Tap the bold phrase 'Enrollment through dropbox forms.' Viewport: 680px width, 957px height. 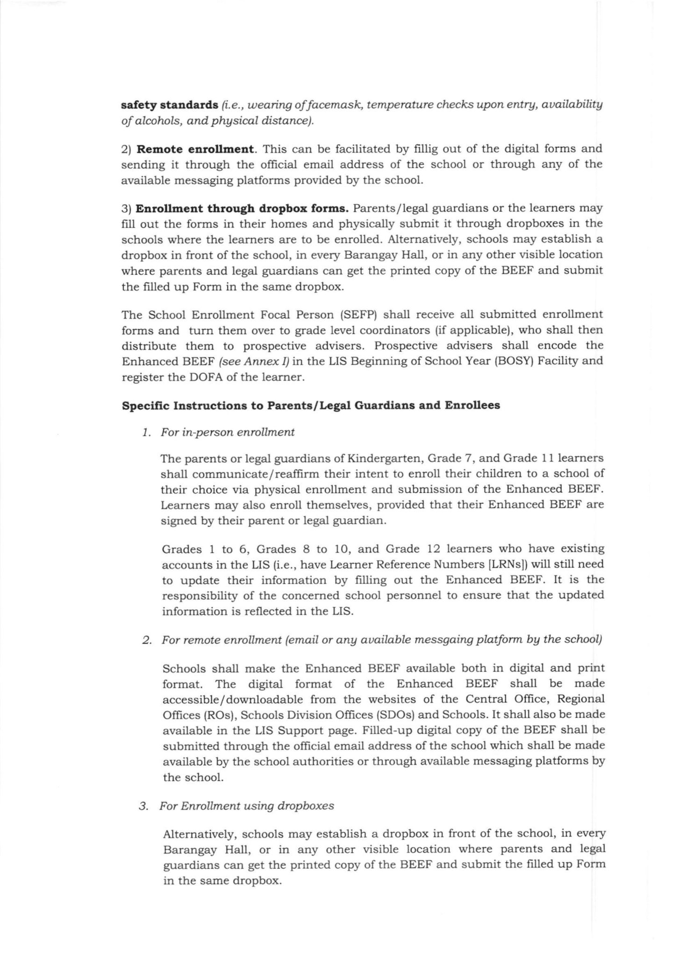point(242,208)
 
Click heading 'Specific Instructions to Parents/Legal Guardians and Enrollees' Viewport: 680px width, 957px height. point(311,405)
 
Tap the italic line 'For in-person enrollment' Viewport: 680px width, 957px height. point(228,432)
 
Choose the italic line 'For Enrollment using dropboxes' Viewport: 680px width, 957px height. point(247,806)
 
